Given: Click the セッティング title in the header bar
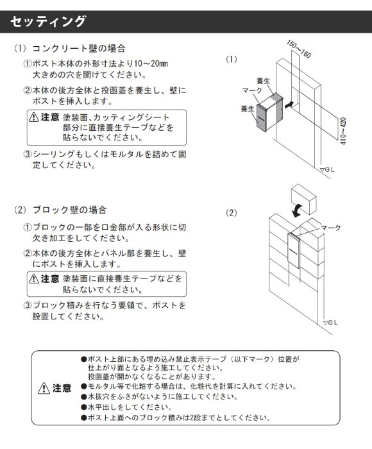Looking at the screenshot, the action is coord(48,21).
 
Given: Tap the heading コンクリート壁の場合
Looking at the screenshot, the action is coord(78,48).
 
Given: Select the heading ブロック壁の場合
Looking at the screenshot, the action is coord(69,210).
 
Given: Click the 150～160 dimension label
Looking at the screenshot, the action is coord(298,49).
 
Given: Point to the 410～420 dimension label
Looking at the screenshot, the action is coord(343,131).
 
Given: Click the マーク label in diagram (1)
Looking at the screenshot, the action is coord(252,90).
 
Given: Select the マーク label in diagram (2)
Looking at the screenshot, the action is coord(330,228).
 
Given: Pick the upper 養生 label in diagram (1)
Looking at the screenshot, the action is coord(263,81).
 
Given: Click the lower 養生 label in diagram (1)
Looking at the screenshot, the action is coord(248,109).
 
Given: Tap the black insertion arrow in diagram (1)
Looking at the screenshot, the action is coord(289,105).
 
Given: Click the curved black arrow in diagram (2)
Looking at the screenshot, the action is coord(297,210).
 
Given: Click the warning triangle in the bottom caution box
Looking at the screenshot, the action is coord(44,388).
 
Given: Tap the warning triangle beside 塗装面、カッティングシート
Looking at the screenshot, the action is coord(34,117).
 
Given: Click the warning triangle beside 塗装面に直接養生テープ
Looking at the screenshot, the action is coord(34,278).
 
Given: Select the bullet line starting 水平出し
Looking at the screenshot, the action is coord(126,407).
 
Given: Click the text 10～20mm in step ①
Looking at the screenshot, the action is coord(151,64).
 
